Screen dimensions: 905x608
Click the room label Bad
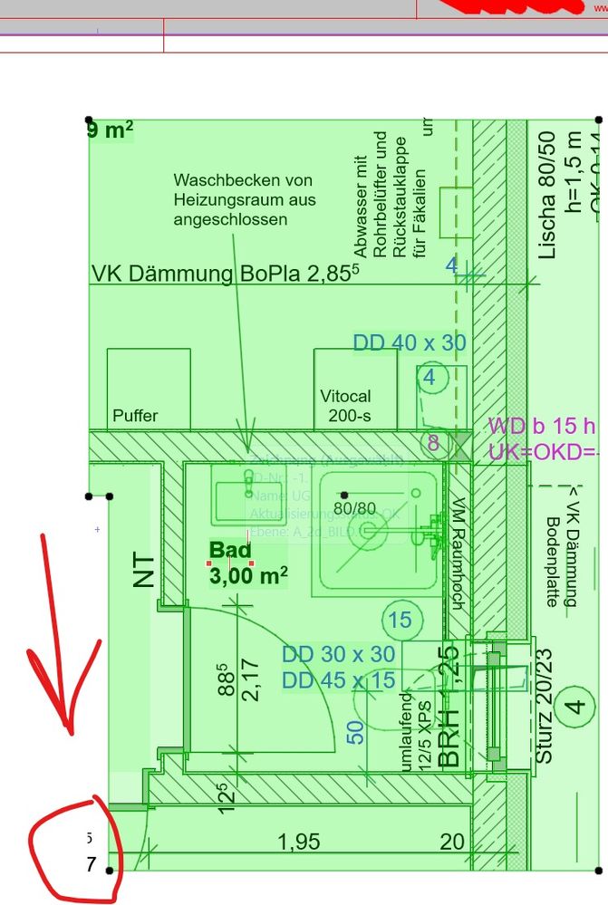pos(230,549)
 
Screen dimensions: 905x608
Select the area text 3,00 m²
pos(248,574)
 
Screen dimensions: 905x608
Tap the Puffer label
pos(135,416)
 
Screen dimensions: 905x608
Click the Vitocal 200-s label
pos(345,406)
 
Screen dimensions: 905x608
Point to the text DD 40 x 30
pos(410,342)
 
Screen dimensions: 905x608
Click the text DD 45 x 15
pos(338,679)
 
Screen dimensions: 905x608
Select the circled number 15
pos(400,621)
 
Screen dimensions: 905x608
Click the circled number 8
pos(433,443)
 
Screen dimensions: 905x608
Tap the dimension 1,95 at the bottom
pos(298,842)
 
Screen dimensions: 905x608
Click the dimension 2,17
pos(251,674)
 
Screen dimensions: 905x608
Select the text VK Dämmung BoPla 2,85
pos(227,273)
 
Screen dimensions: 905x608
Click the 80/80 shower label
pos(355,508)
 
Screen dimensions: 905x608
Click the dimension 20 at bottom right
pos(452,842)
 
